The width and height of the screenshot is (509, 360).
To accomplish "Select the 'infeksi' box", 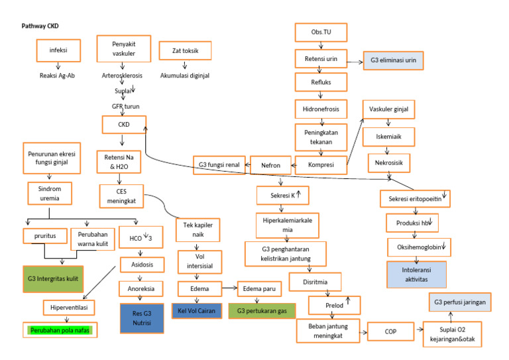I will tap(58, 50).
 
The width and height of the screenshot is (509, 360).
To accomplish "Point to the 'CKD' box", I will tap(123, 124).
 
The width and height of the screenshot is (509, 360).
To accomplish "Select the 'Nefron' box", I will tap(268, 164).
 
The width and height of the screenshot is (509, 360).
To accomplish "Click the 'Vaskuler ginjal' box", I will tap(388, 109).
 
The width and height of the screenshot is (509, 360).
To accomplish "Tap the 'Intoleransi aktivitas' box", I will tap(416, 273).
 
